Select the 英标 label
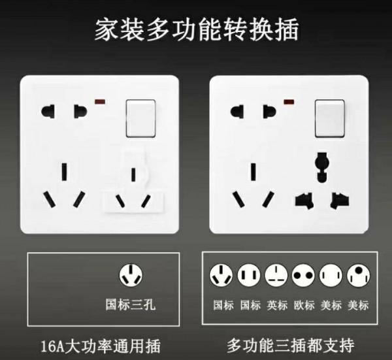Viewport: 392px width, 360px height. pos(276,305)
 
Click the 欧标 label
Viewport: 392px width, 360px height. pos(304,305)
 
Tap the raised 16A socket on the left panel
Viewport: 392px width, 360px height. pos(134,189)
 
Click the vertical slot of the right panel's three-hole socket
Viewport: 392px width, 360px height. pos(252,173)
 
